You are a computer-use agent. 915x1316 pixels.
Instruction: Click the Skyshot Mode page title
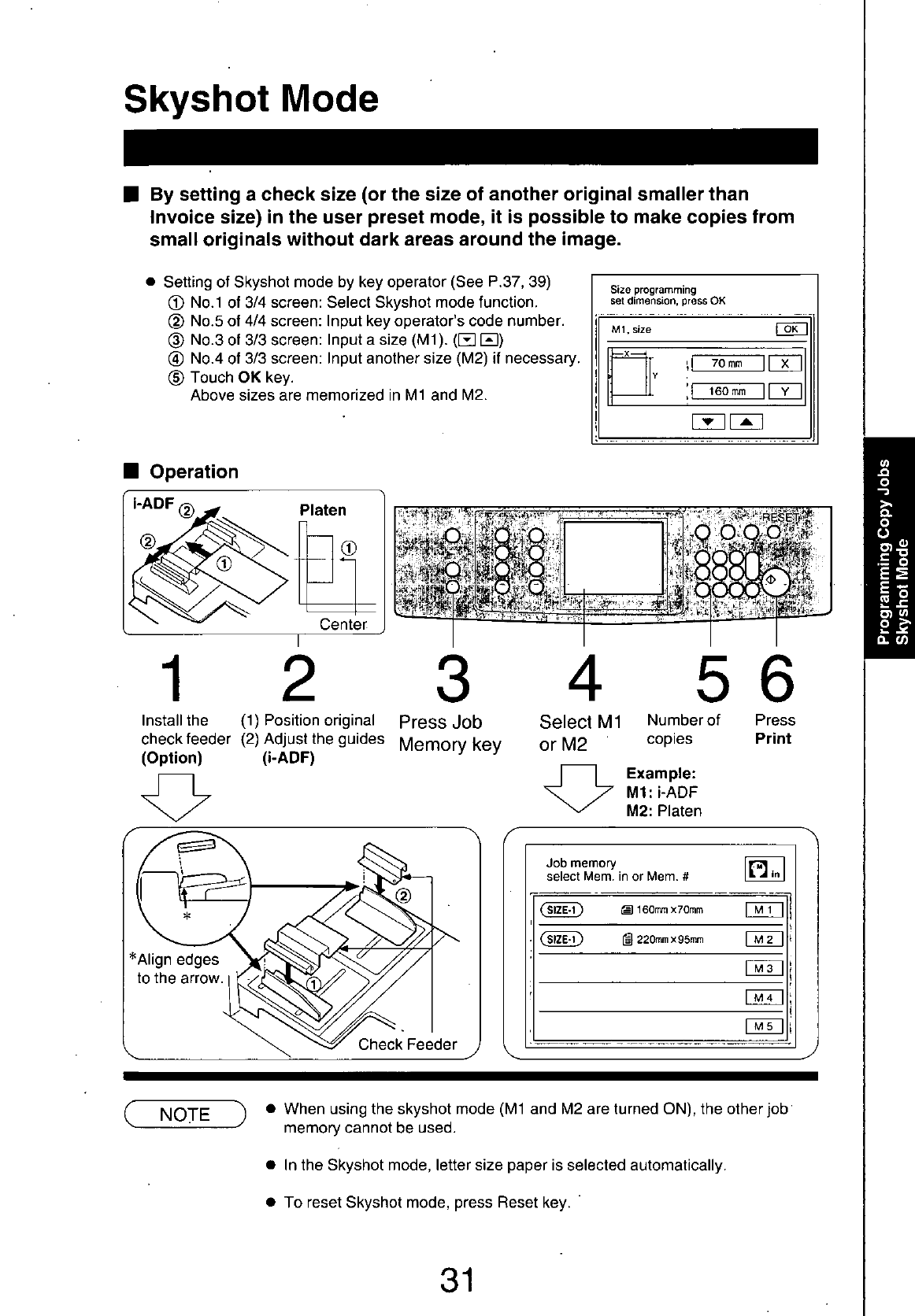pyautogui.click(x=251, y=98)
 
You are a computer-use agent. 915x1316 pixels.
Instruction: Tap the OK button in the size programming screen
pyautogui.click(x=791, y=329)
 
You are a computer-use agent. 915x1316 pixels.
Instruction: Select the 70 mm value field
pyautogui.click(x=727, y=363)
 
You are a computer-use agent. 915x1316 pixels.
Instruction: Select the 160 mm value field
pyautogui.click(x=727, y=390)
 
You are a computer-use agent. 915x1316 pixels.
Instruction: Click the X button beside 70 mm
pyautogui.click(x=784, y=363)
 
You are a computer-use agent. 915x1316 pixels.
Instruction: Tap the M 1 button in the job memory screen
pyautogui.click(x=764, y=910)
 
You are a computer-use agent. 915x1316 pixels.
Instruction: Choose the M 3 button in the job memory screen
pyautogui.click(x=764, y=968)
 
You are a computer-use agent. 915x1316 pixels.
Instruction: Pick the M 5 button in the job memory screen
pyautogui.click(x=764, y=1026)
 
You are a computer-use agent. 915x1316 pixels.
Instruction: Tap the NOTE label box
pyautogui.click(x=184, y=1114)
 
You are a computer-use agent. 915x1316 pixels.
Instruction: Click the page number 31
pyautogui.click(x=457, y=1280)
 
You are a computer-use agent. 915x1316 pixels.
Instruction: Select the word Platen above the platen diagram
pyautogui.click(x=323, y=510)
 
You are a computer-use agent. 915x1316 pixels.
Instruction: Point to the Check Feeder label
pyautogui.click(x=407, y=1044)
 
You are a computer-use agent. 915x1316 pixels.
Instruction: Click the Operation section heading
pyautogui.click(x=194, y=471)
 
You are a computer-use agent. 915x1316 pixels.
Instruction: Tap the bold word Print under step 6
pyautogui.click(x=772, y=738)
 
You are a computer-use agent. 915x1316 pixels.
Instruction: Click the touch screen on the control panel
pyautogui.click(x=613, y=557)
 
